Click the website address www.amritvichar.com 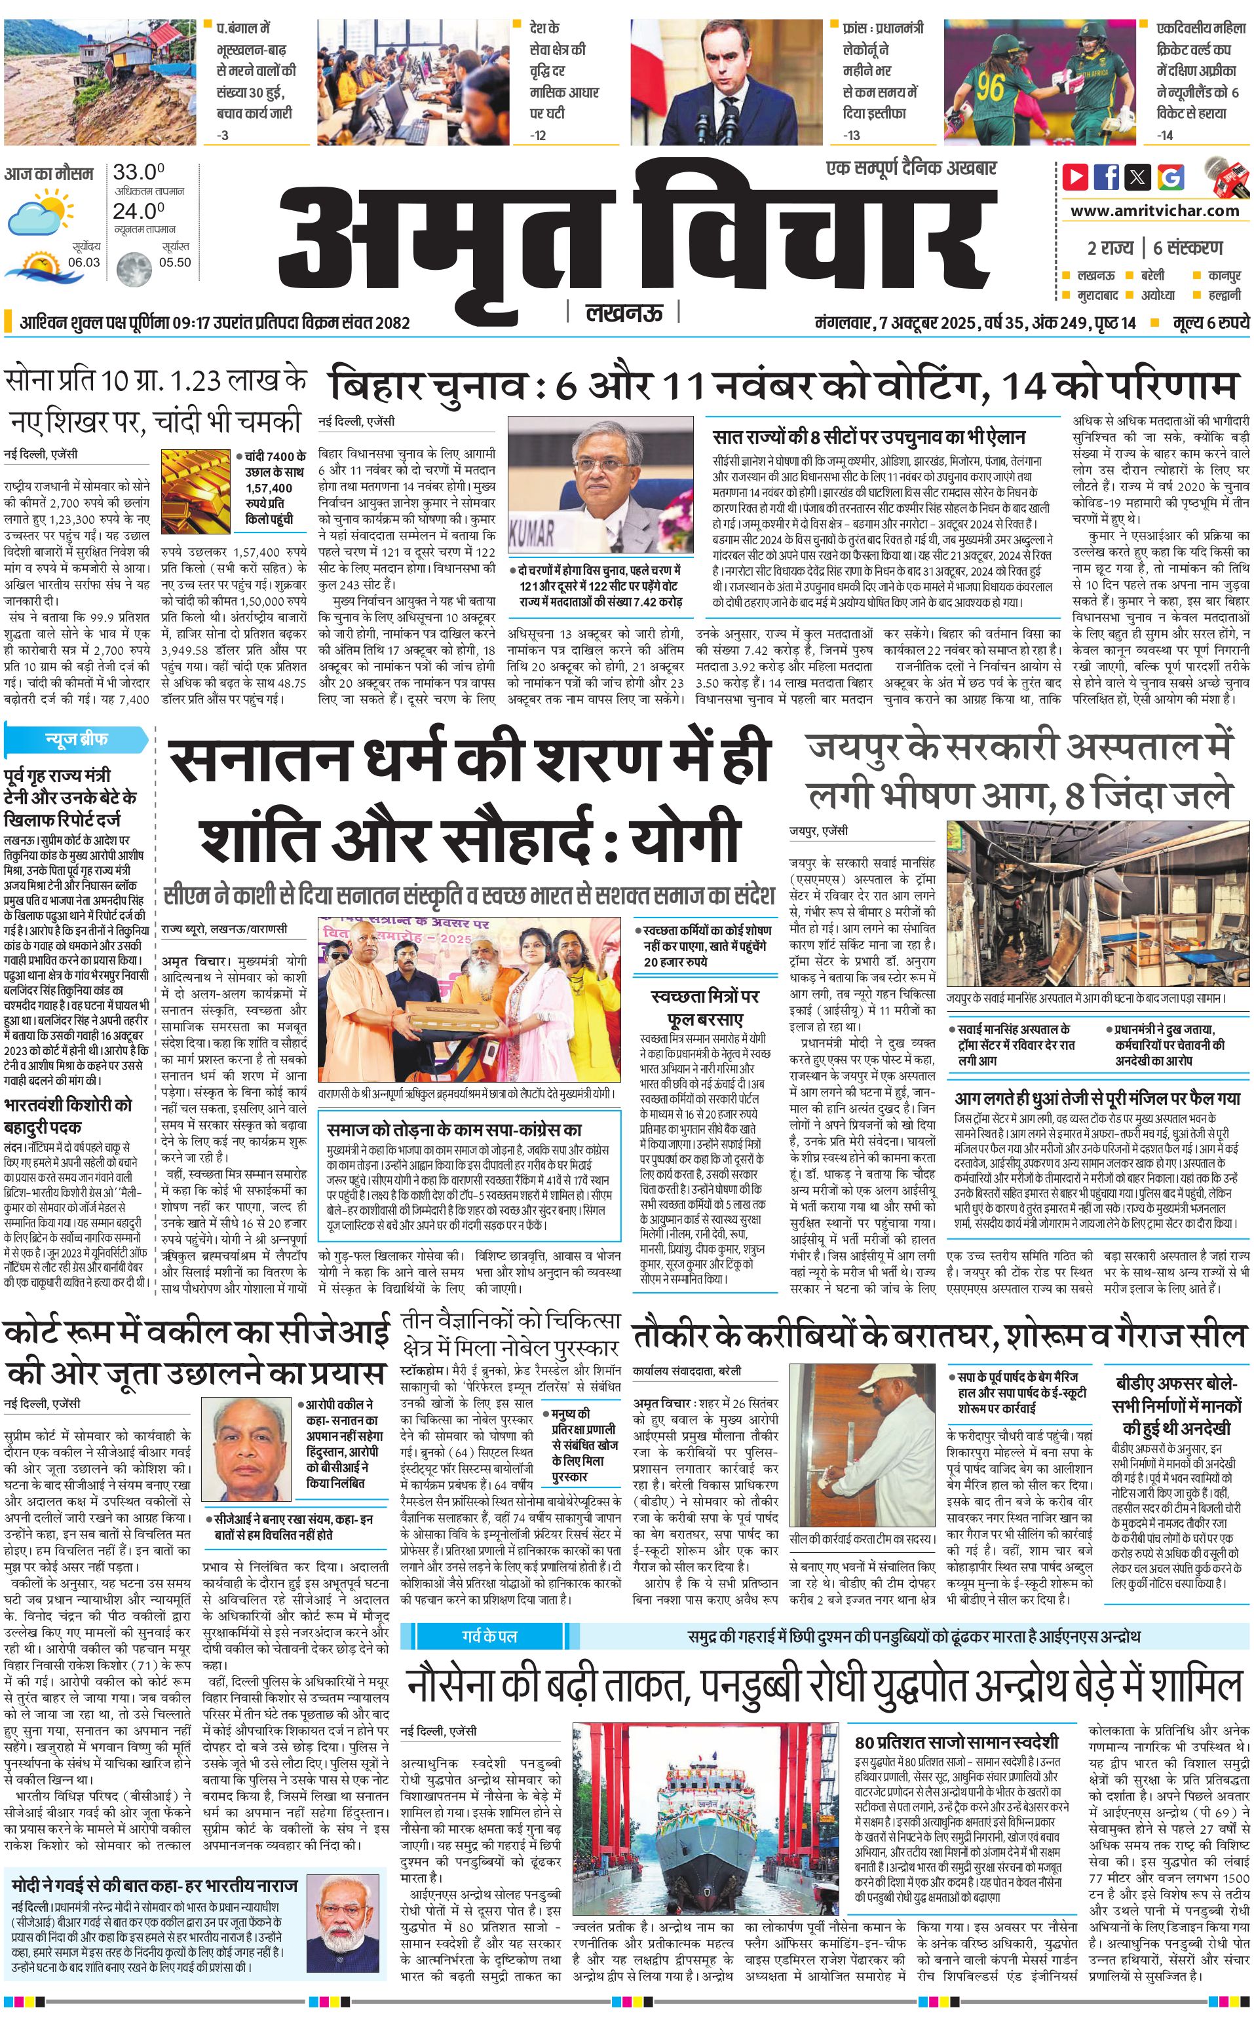1154,211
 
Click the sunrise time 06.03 84,262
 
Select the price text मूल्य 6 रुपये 1210,322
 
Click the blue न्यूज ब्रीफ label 75,739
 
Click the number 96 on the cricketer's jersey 989,87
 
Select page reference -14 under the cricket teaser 1166,135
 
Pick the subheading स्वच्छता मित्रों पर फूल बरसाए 705,1007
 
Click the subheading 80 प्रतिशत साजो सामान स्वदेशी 957,1719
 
